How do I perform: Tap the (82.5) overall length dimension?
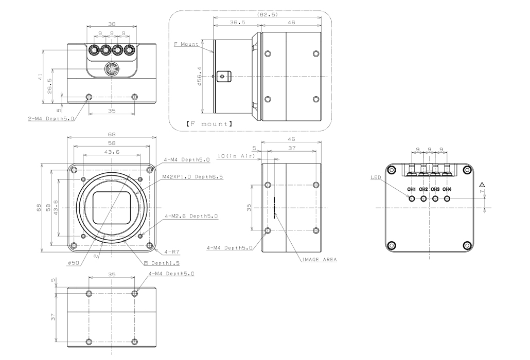268,14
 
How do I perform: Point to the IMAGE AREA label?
319,260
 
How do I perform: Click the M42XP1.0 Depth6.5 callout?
192,177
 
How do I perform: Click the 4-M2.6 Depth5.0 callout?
191,217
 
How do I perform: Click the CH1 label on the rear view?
411,189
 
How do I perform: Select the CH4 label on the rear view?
447,189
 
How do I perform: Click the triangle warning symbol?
482,185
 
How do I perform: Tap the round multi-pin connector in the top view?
112,69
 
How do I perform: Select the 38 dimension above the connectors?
112,23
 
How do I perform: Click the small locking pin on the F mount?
222,76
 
